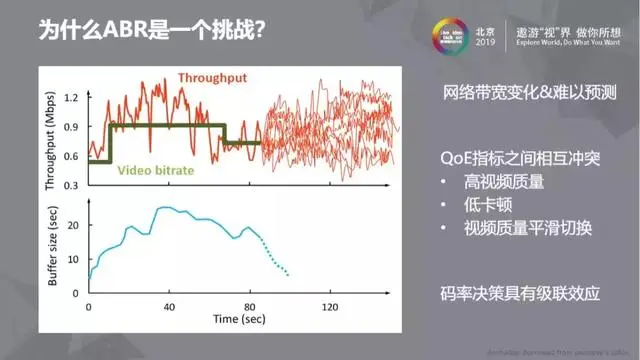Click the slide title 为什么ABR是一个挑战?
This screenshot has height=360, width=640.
[151, 30]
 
